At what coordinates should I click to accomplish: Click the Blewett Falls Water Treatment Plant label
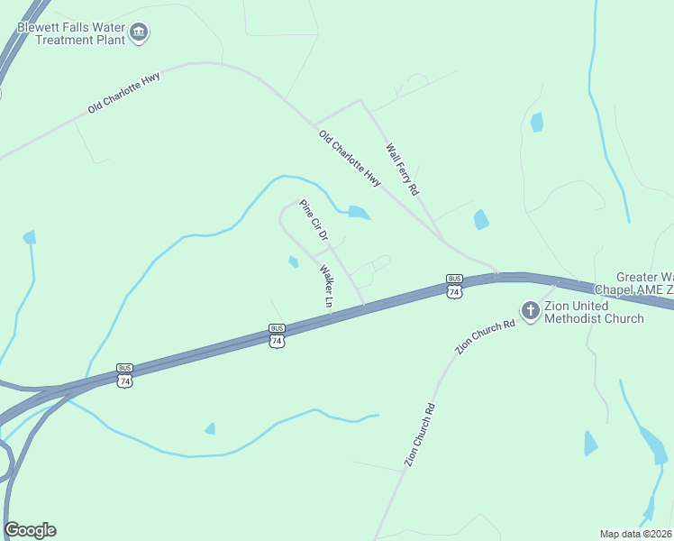72,34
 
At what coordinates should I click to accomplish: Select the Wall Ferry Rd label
403,170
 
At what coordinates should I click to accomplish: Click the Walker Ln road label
326,287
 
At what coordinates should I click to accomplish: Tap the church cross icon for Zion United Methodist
531,311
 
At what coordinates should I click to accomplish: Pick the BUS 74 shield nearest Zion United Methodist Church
454,287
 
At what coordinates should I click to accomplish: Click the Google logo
31,529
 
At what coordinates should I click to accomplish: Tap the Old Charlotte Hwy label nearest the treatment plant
124,94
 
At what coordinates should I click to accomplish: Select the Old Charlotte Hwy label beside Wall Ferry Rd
351,159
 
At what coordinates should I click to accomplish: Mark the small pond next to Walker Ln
293,262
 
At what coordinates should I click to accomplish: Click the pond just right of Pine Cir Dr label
359,214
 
